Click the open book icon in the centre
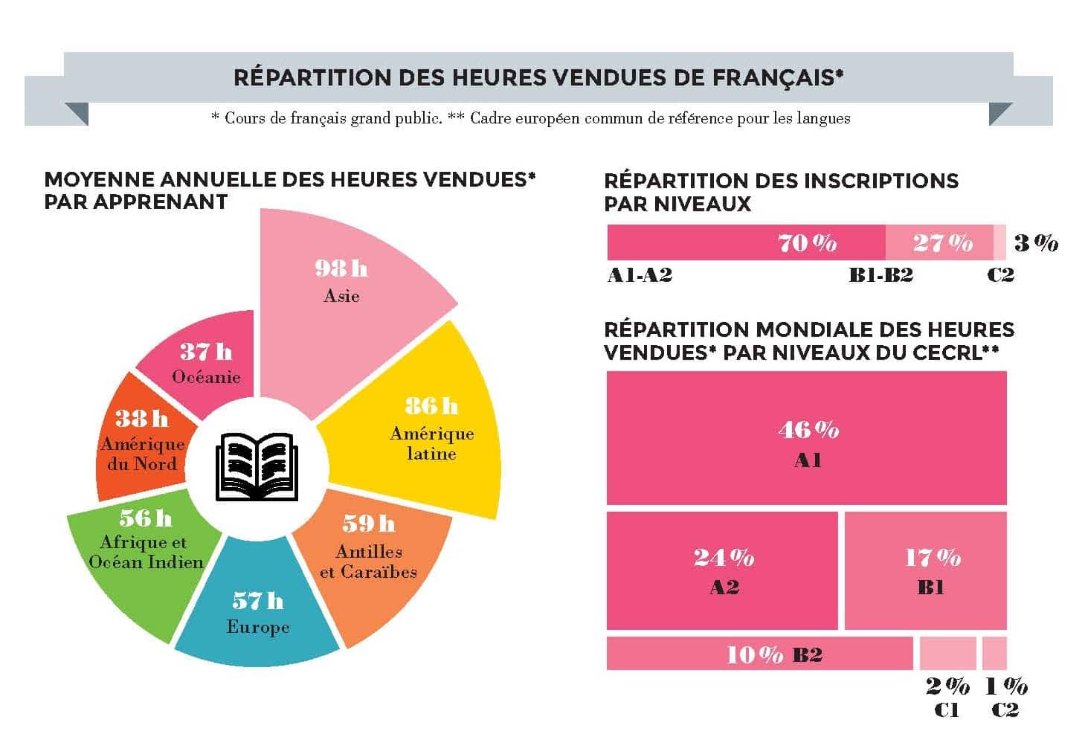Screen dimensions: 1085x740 pos(257,467)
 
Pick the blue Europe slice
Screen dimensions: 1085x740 pos(257,610)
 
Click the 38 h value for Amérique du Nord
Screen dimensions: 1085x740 pos(141,419)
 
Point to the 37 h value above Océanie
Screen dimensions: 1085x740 pos(206,352)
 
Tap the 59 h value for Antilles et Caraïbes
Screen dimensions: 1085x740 pos(369,524)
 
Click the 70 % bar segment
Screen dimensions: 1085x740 pos(746,242)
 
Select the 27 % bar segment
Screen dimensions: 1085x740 pos(939,242)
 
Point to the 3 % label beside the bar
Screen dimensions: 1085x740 pos(1036,242)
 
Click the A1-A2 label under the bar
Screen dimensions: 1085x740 pos(640,275)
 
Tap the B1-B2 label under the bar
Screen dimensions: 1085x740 pos(881,275)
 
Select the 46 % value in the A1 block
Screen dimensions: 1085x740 pos(808,430)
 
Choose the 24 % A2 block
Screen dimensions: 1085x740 pos(722,571)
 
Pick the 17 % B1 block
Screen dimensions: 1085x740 pos(926,571)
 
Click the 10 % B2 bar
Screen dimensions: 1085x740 pos(759,654)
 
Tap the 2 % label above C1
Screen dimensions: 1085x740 pos(947,686)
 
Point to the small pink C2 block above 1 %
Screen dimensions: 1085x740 pos(994,653)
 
